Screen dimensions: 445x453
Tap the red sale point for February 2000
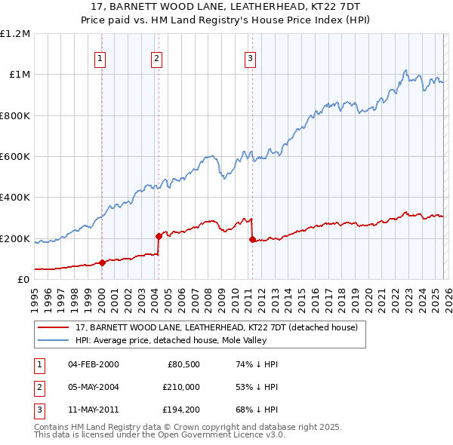point(102,262)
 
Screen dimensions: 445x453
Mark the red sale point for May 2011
point(252,239)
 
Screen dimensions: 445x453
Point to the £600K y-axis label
point(15,157)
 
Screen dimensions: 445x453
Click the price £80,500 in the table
point(181,364)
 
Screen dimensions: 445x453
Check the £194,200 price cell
point(181,410)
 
